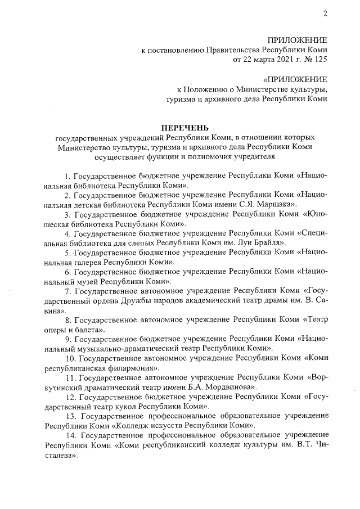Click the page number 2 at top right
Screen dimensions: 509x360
(x=325, y=14)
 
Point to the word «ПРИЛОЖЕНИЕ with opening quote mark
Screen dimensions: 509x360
(x=294, y=79)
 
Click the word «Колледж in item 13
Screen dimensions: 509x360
(x=133, y=425)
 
